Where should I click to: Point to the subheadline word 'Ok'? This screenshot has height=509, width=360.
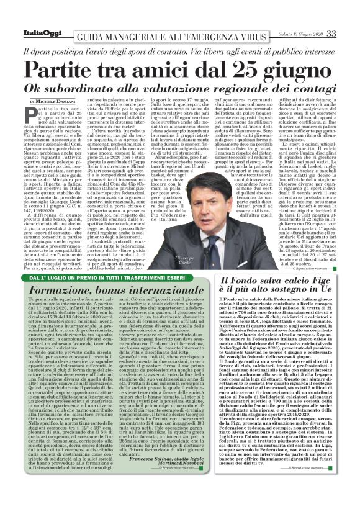coord(46,87)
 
